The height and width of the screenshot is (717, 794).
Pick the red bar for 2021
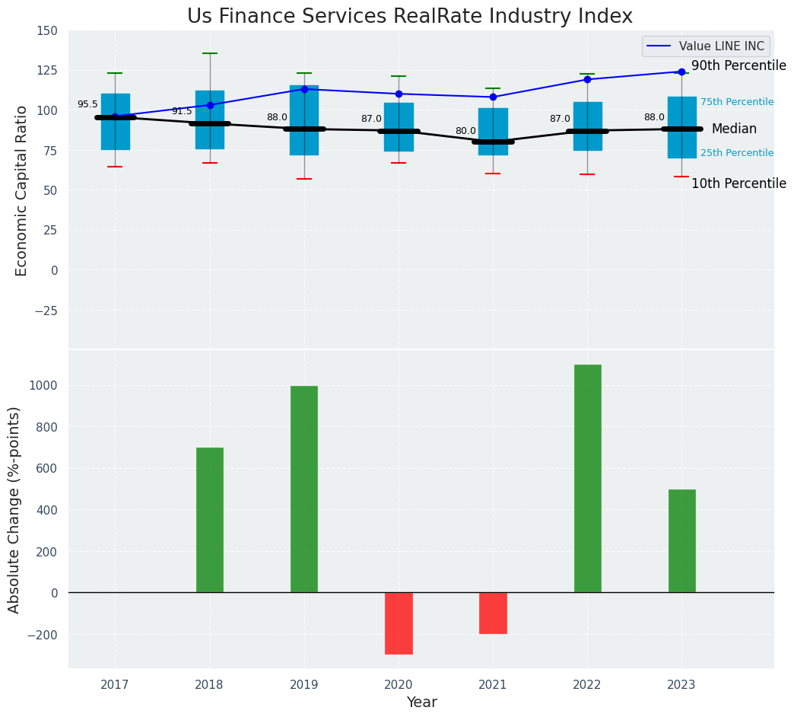coord(493,613)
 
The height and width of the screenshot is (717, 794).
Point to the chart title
coord(410,16)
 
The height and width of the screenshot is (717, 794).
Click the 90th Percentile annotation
coord(738,66)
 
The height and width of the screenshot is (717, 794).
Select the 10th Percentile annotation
coord(738,183)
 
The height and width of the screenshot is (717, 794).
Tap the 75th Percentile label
coord(736,102)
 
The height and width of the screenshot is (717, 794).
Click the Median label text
coord(734,129)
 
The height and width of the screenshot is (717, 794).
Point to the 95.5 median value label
coord(87,104)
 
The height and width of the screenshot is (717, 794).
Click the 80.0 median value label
coord(465,131)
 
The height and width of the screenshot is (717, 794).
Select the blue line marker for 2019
coord(304,89)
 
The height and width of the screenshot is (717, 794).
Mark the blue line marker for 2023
coord(681,72)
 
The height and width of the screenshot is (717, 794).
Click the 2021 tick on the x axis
coord(493,685)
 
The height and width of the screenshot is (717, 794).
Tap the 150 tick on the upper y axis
coord(46,30)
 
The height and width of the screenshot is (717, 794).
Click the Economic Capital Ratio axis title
coord(21,190)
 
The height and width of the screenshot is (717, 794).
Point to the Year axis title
coord(421,703)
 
